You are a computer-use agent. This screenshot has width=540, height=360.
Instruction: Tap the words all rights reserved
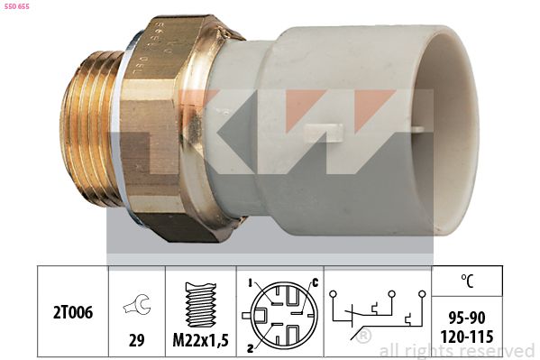[456, 350]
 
